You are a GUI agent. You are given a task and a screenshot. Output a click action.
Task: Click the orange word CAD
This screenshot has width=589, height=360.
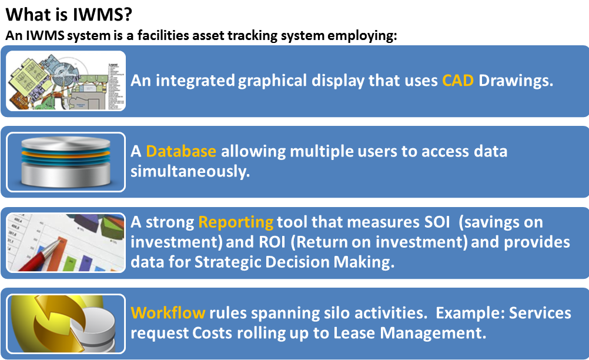pyautogui.click(x=458, y=81)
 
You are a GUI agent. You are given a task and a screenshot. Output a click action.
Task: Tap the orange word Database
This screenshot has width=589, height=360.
pyautogui.click(x=181, y=151)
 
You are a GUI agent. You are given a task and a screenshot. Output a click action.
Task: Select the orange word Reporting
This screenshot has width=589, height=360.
pyautogui.click(x=236, y=222)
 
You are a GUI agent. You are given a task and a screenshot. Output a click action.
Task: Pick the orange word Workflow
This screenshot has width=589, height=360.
pyautogui.click(x=168, y=312)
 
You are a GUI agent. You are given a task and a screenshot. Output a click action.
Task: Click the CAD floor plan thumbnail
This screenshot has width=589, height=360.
pyautogui.click(x=66, y=81)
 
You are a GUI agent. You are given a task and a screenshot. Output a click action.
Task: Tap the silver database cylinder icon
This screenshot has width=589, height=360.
pyautogui.click(x=66, y=162)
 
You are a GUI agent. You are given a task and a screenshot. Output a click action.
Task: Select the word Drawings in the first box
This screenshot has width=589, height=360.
pyautogui.click(x=516, y=81)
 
